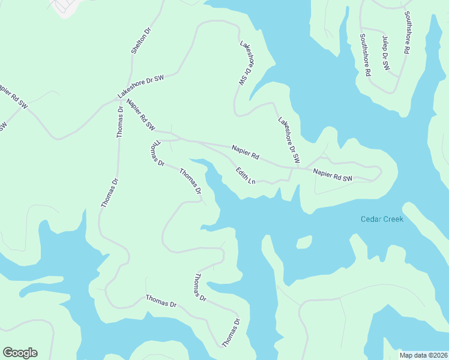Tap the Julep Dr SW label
[x=386, y=54]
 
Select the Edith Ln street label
[x=246, y=176]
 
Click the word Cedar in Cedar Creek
[x=371, y=219]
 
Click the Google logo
[x=20, y=353]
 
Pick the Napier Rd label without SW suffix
[x=246, y=151]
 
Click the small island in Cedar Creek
[x=304, y=242]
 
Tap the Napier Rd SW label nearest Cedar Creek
[x=333, y=175]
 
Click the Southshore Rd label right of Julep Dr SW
[x=407, y=33]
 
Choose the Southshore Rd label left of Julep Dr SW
[x=365, y=55]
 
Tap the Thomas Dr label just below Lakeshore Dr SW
[x=120, y=122]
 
